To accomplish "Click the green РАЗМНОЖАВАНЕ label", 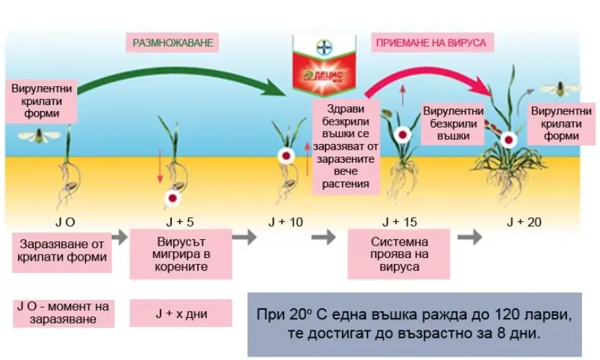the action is point(172,43).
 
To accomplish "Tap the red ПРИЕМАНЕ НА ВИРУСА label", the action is point(431,43).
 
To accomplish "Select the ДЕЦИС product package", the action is point(324,65).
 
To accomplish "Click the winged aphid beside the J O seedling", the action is point(39,136).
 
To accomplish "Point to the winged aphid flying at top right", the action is point(560,89).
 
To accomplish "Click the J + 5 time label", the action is point(180,222).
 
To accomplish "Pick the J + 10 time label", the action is point(286,222).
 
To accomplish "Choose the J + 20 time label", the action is point(524,222).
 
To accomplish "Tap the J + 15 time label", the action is point(399,222).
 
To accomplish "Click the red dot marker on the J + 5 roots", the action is point(172,198).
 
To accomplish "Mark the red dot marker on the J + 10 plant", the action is point(286,156).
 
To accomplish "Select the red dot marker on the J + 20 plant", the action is point(508,140).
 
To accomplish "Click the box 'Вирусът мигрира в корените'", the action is point(181,254).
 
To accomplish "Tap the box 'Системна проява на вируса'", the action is point(399,254).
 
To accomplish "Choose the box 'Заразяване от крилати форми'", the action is point(62,251).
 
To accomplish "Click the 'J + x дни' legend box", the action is point(181,313).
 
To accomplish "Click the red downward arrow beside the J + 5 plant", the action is point(160,166).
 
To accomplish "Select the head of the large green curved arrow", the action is point(277,88).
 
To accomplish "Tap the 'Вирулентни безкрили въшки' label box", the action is point(453,123).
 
